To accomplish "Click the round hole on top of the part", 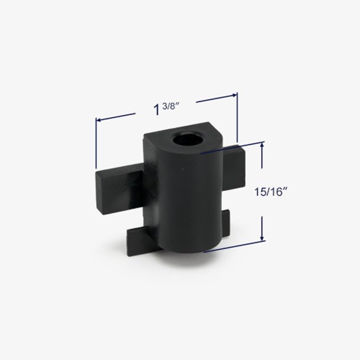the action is (186, 140).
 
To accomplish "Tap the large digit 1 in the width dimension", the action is (157, 110).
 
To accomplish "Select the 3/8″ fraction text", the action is (171, 106).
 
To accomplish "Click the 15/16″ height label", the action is (271, 192).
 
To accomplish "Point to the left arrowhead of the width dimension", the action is (99, 120).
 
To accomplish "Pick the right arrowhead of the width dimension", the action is (234, 95).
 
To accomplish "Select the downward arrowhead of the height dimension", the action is (262, 237).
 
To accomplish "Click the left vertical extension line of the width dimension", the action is (96, 143).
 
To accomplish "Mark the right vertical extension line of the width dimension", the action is (237, 117).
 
